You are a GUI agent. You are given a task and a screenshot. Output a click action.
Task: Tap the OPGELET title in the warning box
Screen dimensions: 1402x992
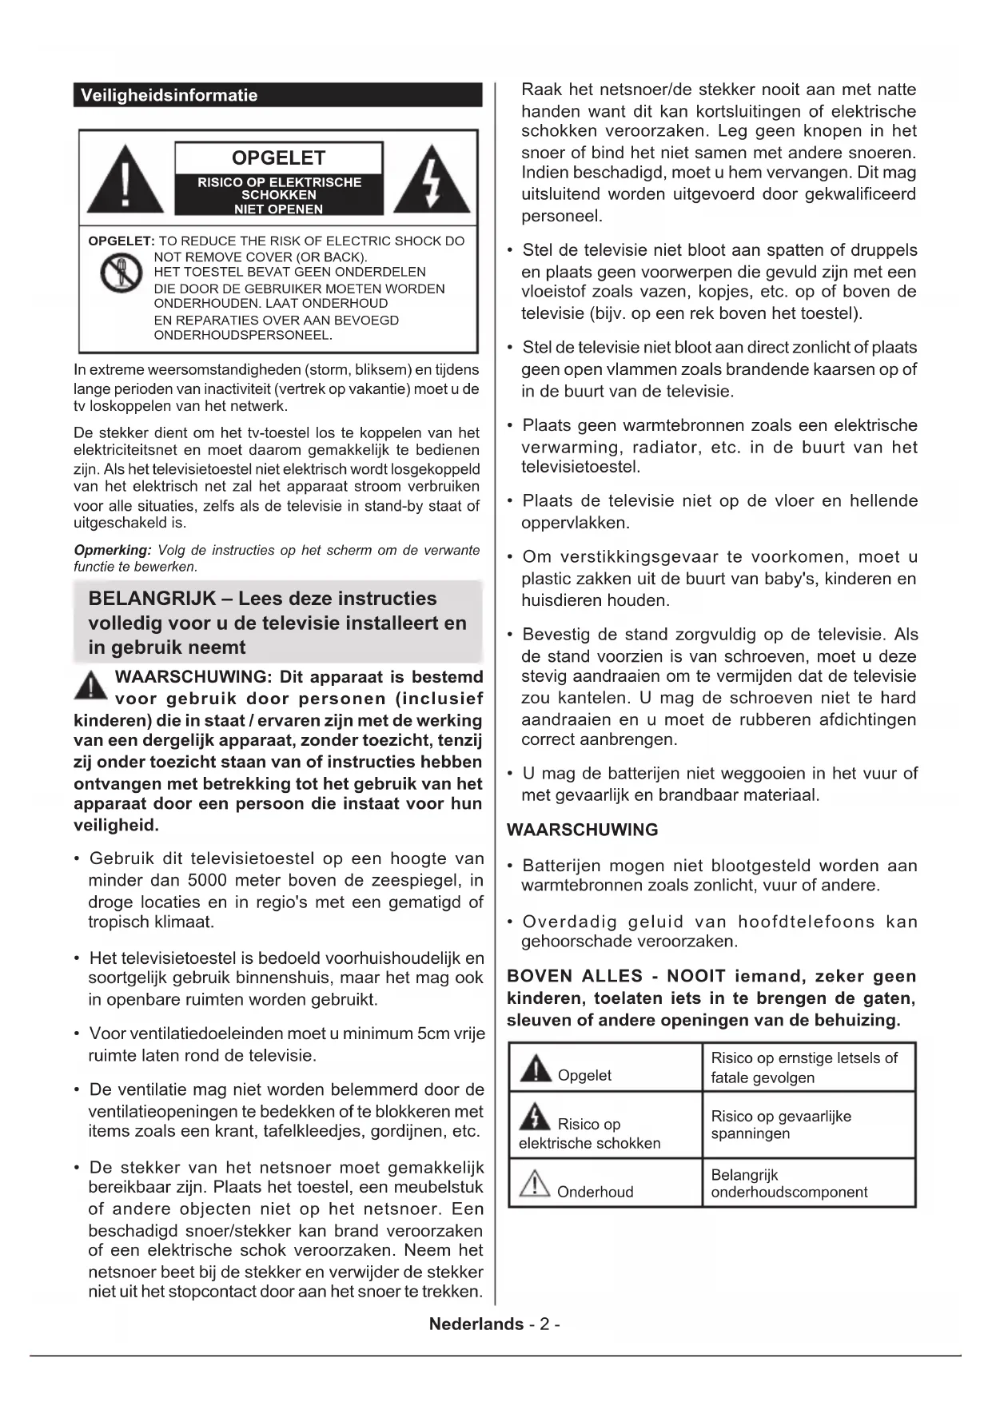point(278,157)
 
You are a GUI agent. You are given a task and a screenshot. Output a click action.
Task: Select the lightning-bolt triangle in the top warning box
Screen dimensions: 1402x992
point(432,181)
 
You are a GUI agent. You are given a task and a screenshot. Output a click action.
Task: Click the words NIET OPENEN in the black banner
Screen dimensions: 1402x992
point(278,209)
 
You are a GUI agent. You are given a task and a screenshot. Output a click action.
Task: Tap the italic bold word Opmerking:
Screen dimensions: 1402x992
point(113,550)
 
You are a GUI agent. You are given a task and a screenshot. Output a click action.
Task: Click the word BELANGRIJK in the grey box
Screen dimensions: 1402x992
point(152,599)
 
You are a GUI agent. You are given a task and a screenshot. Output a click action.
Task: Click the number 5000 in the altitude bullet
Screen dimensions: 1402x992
point(207,880)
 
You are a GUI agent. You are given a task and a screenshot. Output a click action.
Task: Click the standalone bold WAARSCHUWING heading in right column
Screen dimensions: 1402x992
point(583,830)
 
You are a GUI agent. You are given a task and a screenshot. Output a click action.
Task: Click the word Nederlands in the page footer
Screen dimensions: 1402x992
point(476,1324)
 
